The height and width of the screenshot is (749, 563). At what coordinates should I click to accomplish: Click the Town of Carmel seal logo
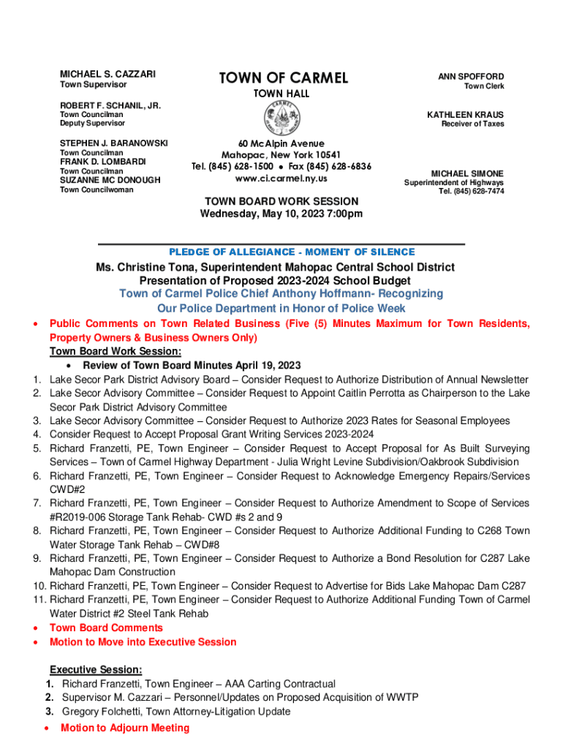click(x=281, y=117)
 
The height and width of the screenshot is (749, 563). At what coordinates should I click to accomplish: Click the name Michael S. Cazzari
click(x=107, y=75)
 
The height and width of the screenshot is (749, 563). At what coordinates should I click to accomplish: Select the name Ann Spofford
click(x=471, y=76)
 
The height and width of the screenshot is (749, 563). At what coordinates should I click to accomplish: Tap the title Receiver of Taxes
click(x=472, y=124)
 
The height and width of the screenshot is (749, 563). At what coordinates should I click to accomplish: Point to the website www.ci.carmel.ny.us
click(x=281, y=178)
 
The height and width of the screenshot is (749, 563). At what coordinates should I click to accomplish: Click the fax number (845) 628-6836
click(x=341, y=167)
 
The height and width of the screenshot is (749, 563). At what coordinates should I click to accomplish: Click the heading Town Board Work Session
click(x=281, y=201)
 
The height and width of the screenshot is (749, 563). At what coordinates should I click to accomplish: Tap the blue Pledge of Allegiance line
click(x=281, y=252)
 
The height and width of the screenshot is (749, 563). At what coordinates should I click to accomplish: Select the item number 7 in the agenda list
click(x=36, y=503)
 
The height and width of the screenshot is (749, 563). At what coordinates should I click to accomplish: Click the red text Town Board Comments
click(x=106, y=628)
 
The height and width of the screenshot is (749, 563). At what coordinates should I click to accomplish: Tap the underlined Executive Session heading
click(x=95, y=669)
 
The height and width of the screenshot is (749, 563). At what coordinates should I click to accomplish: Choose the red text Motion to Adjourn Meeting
click(x=125, y=728)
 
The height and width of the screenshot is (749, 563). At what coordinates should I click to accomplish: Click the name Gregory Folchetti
click(x=107, y=712)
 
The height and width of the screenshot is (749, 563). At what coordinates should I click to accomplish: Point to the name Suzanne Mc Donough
click(x=110, y=180)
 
